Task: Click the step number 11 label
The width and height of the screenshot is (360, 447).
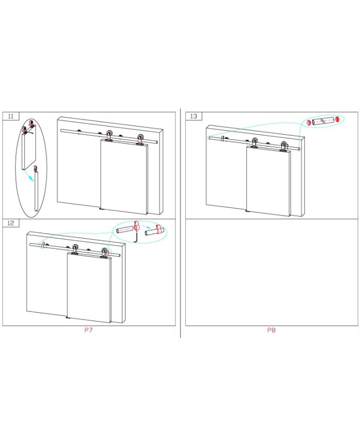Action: click(x=11, y=116)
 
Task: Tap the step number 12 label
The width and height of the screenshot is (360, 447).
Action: click(x=11, y=223)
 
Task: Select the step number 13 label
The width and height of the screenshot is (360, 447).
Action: click(x=193, y=116)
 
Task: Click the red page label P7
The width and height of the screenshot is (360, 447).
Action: click(x=88, y=330)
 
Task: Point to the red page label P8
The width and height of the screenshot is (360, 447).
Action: click(x=272, y=330)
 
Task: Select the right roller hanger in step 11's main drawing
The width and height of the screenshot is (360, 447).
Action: click(x=140, y=140)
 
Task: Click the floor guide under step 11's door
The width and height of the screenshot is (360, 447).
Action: click(x=102, y=209)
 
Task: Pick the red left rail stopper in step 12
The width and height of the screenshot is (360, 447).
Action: click(x=43, y=245)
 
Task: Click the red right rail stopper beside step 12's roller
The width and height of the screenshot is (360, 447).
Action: click(x=108, y=252)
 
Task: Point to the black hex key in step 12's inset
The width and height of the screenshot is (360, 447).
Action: click(x=137, y=238)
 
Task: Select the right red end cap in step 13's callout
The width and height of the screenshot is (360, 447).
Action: click(x=338, y=119)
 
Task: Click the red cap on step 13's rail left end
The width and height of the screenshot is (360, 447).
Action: click(x=209, y=138)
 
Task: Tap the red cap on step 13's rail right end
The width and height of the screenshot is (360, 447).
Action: click(x=299, y=149)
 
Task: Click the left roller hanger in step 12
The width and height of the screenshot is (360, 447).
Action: click(x=75, y=249)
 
